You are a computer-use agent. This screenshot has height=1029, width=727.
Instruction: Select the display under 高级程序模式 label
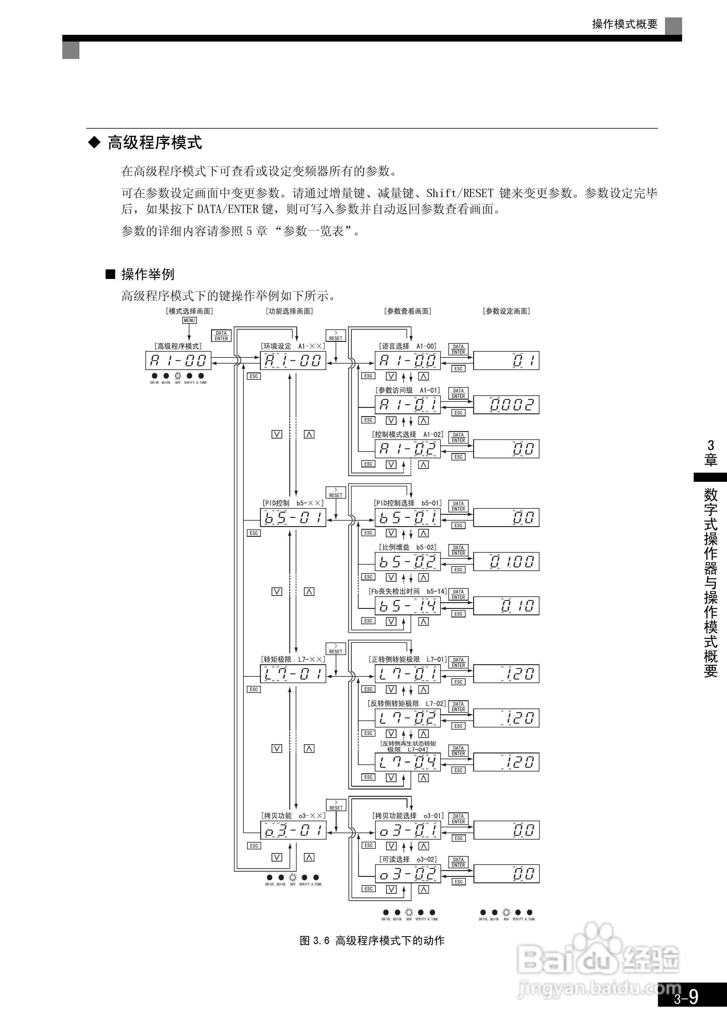pyautogui.click(x=178, y=360)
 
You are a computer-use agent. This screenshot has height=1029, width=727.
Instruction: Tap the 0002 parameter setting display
pyautogui.click(x=506, y=405)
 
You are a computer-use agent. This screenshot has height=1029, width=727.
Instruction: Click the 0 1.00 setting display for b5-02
pyautogui.click(x=506, y=562)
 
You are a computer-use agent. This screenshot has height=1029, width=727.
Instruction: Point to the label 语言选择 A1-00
pyautogui.click(x=407, y=346)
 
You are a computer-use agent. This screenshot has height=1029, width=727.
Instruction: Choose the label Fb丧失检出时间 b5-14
pyautogui.click(x=407, y=591)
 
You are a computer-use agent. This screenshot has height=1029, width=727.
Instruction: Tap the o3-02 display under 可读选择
pyautogui.click(x=407, y=874)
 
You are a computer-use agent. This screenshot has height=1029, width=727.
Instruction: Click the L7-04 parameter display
pyautogui.click(x=407, y=762)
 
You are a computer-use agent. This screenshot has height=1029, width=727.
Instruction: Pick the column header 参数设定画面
pyautogui.click(x=506, y=311)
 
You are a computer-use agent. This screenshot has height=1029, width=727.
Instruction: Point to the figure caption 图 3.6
pyautogui.click(x=372, y=941)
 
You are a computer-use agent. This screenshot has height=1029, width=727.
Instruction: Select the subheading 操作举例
pyautogui.click(x=148, y=274)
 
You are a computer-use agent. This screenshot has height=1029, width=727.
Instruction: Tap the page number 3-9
pyautogui.click(x=686, y=998)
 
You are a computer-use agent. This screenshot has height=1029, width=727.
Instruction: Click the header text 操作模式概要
pyautogui.click(x=624, y=24)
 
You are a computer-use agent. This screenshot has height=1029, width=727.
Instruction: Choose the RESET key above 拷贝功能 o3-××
pyautogui.click(x=336, y=805)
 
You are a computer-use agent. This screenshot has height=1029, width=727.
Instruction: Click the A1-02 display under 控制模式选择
pyautogui.click(x=407, y=449)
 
